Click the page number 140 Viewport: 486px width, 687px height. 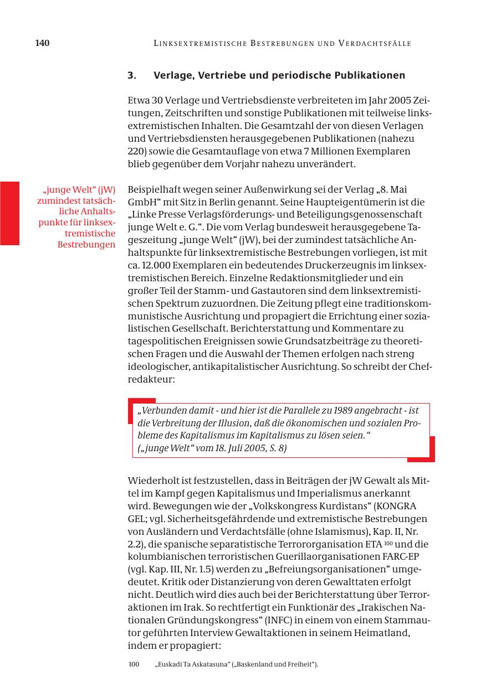coord(42,43)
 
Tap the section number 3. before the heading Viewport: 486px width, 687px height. coord(132,75)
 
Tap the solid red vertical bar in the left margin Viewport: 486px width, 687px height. coord(9,213)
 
